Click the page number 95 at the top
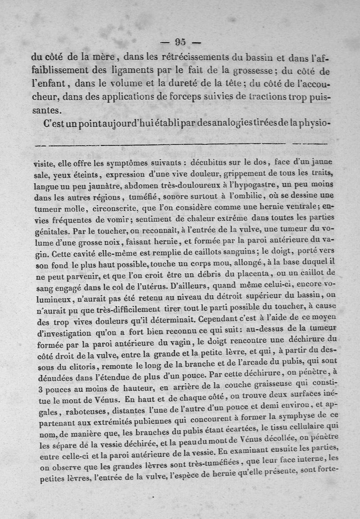(180, 42)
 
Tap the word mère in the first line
(104, 57)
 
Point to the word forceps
(190, 97)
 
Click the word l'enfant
(49, 84)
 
